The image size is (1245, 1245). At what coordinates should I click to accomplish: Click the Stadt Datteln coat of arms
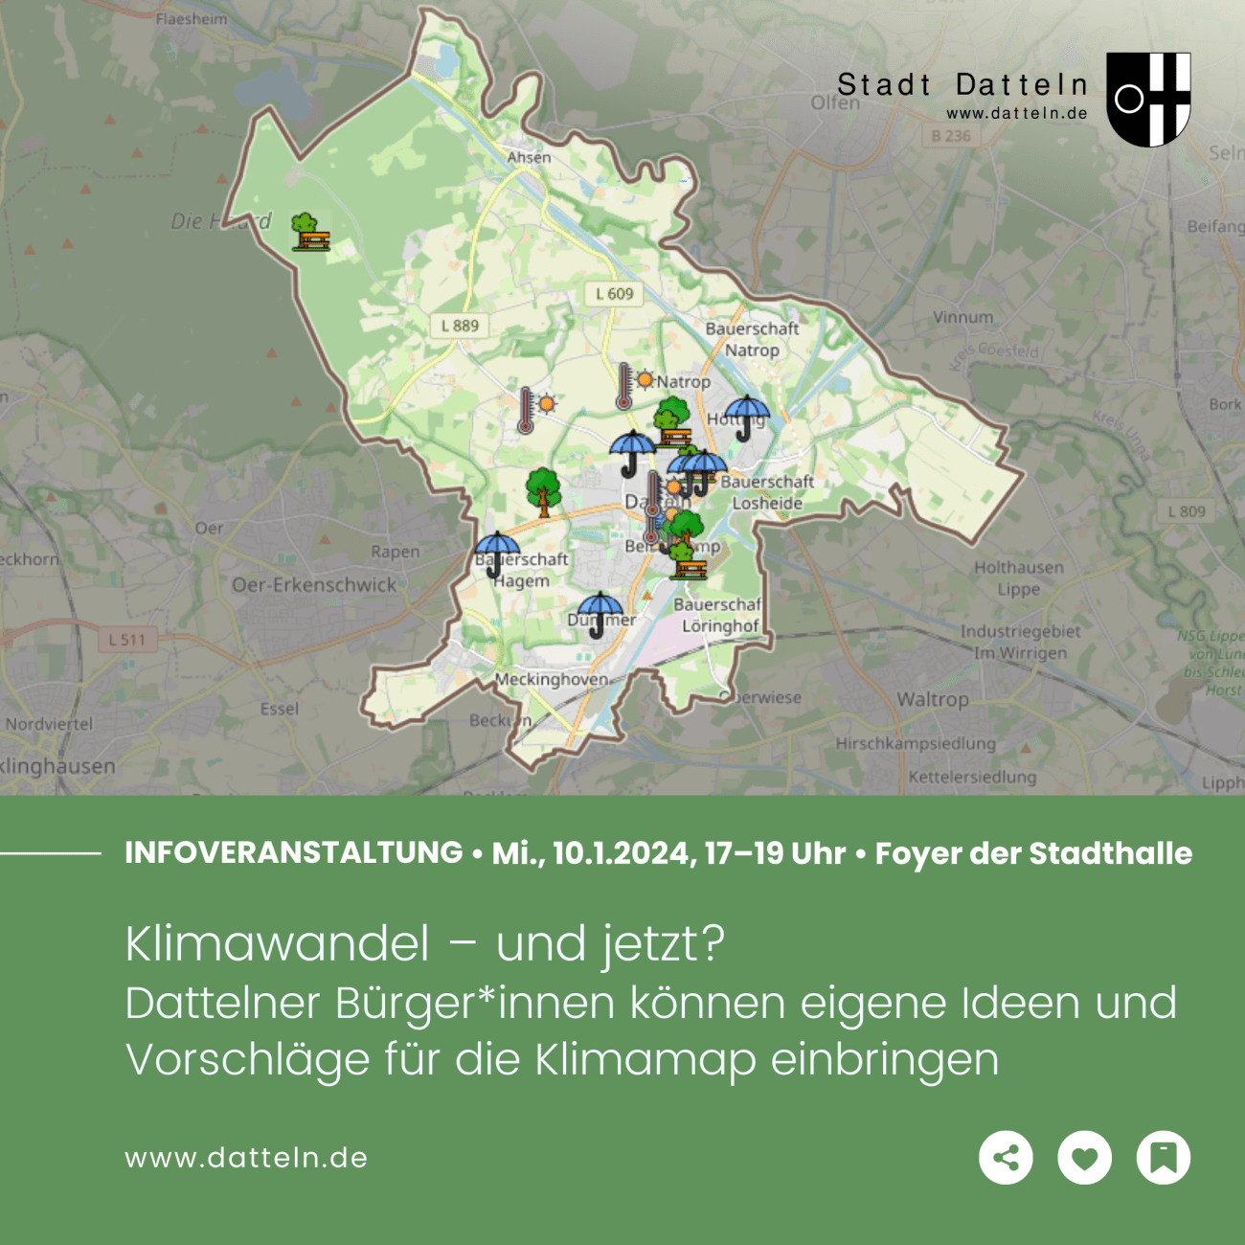click(1148, 99)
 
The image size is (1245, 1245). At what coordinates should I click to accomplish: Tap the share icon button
click(1006, 1158)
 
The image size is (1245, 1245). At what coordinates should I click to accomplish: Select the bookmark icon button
click(1163, 1158)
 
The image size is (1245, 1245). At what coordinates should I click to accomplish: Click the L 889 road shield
click(460, 326)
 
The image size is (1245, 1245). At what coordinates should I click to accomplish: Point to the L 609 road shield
click(614, 294)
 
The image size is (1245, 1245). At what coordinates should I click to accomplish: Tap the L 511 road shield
click(126, 639)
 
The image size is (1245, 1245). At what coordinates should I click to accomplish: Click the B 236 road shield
click(951, 136)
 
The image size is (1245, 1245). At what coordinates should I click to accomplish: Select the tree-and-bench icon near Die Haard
click(308, 232)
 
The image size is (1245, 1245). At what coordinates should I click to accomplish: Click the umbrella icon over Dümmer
click(600, 614)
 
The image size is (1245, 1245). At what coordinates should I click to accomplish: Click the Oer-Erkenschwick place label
click(314, 584)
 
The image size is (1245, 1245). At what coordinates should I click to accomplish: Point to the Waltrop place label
click(932, 699)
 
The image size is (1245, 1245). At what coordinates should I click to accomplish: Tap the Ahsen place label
click(529, 157)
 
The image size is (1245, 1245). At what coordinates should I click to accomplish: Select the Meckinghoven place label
click(551, 679)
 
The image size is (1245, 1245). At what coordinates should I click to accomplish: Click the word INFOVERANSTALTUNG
click(294, 852)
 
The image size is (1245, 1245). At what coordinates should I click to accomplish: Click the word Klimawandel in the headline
click(278, 944)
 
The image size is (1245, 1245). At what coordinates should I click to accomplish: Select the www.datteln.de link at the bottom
click(246, 1158)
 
